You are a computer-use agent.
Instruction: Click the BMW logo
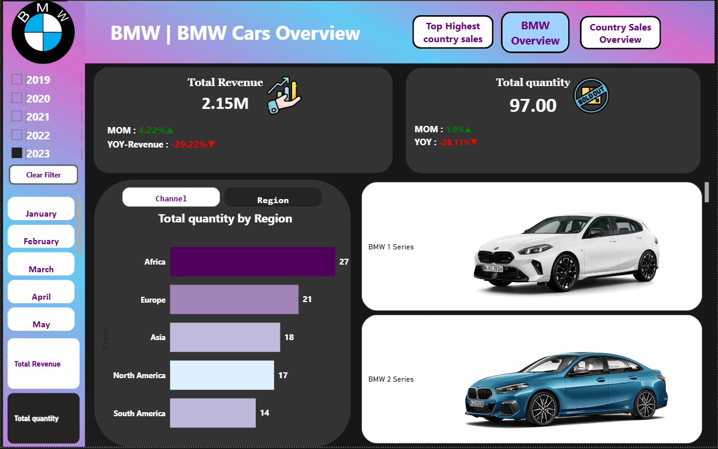coord(43,32)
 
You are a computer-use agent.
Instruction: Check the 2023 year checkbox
coord(17,153)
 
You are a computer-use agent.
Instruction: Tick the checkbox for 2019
coord(17,79)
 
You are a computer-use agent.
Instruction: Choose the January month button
coord(41,210)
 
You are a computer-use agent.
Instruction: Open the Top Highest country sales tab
coord(453,32)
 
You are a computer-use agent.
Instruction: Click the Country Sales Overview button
coord(620,33)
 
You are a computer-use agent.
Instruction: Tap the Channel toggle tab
coord(171,198)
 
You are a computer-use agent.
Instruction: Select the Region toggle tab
coord(273,198)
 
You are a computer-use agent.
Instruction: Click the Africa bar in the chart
coord(252,262)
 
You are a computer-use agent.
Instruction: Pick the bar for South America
coord(212,413)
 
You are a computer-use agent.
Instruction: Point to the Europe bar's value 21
coord(307,300)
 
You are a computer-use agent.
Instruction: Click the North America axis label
coord(139,375)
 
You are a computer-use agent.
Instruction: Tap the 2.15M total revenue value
coord(225,104)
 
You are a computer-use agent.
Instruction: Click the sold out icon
coord(592,95)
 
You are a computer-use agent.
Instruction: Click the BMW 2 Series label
coord(391,379)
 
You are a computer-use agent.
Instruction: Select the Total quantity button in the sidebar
coord(43,418)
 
